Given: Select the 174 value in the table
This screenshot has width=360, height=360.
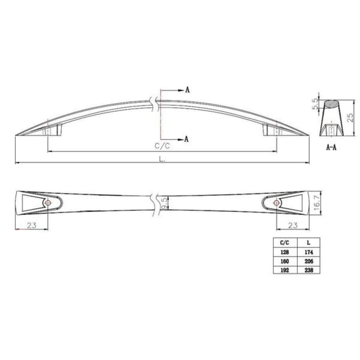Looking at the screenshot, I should (x=308, y=252).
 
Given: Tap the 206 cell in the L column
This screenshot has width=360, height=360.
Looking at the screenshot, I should (x=308, y=261).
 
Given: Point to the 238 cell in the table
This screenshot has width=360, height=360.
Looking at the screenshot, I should (x=308, y=270).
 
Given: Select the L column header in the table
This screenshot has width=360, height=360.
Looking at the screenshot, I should (x=308, y=243).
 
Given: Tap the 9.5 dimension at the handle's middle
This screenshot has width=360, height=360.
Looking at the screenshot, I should (x=164, y=202).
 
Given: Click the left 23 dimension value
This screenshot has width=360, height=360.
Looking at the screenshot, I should (x=32, y=225).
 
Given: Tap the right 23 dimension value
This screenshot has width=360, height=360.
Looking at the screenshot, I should (x=293, y=225).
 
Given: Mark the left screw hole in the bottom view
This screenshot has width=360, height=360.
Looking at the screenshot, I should (x=48, y=203).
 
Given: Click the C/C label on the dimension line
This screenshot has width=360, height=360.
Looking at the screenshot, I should (x=162, y=146).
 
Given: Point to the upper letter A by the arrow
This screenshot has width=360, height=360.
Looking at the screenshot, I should (x=187, y=90).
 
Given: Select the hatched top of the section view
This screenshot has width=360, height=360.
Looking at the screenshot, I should (x=331, y=104).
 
